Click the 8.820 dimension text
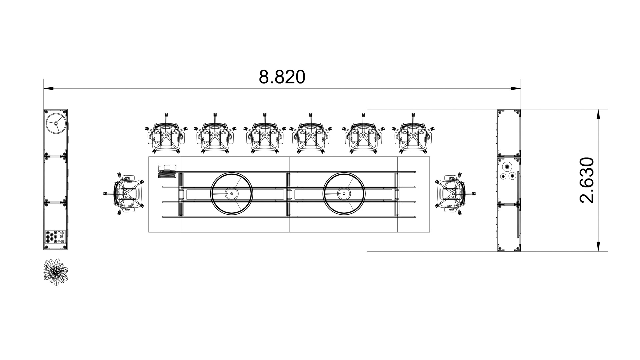point(282,77)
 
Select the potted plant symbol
point(56,272)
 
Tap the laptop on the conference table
point(167,171)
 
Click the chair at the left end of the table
point(125,194)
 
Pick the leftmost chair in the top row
point(166,134)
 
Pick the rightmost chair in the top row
point(413,134)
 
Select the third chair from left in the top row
point(265,134)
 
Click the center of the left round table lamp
point(231,193)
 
